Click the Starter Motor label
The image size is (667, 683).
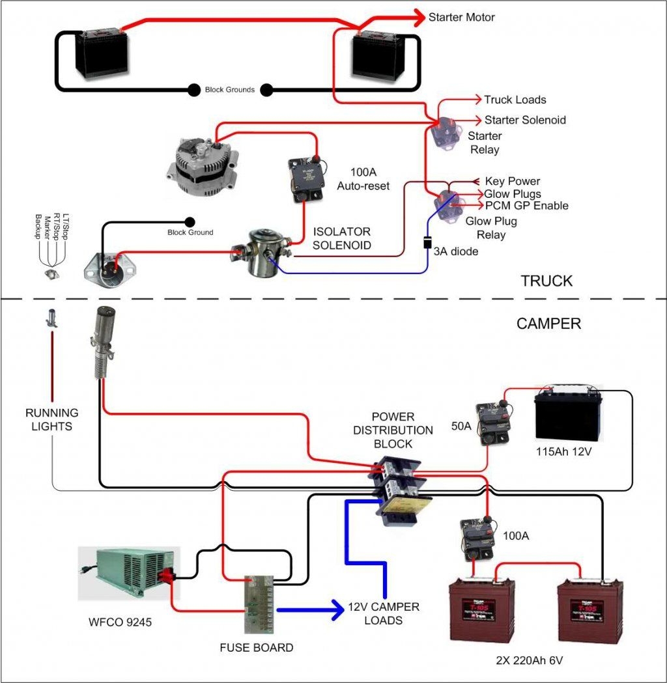coord(461,18)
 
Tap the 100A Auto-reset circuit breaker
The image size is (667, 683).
coord(305,177)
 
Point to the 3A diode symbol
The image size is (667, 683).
coord(427,243)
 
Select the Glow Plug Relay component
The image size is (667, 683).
coord(447,204)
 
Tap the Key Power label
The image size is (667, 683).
coord(512,181)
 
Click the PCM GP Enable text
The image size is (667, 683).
coord(526,206)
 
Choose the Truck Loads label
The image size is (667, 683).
coord(515,100)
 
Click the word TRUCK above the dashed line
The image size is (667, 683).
coord(546,281)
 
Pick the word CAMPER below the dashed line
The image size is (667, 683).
coord(548,324)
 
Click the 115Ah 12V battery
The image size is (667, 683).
coord(568,416)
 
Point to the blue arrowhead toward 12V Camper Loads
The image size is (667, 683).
coord(337,610)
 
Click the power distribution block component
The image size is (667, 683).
coord(398,489)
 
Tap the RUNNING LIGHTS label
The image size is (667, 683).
coord(52,420)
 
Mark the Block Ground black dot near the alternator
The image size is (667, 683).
coord(190,222)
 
